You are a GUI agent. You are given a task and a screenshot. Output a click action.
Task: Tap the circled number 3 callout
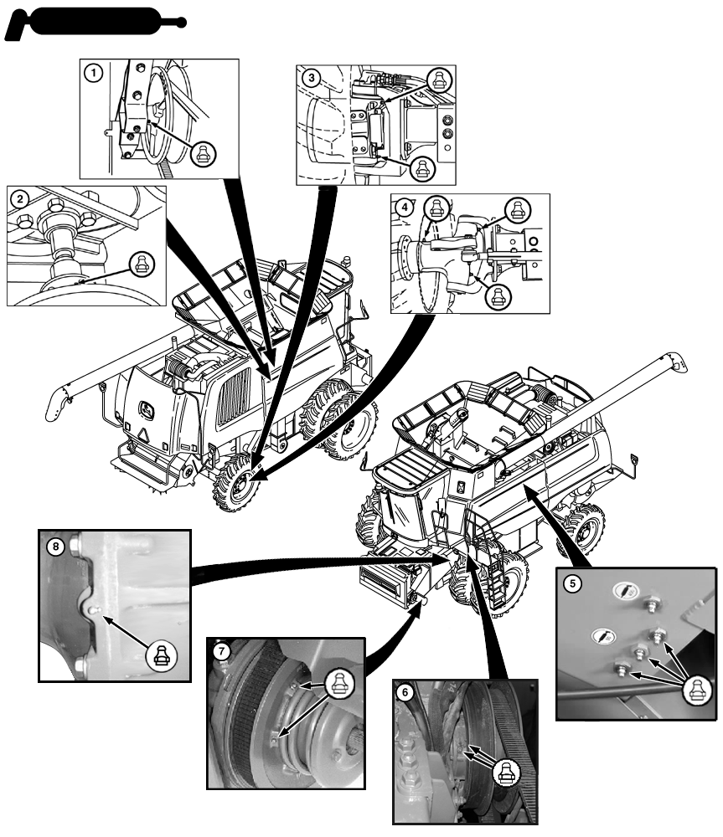pyautogui.click(x=312, y=78)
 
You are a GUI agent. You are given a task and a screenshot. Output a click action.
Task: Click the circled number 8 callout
pyautogui.click(x=55, y=547)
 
